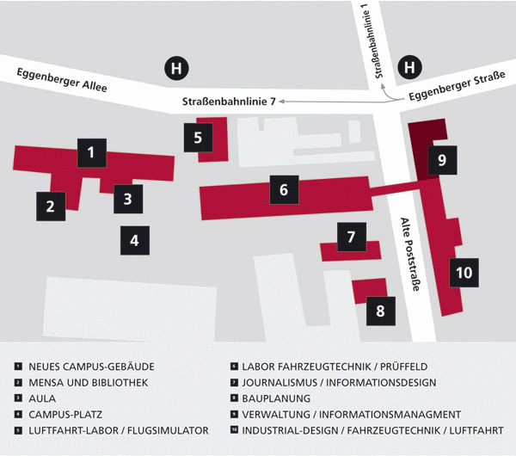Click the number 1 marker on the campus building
pos(91,154)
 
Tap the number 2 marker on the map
pos(51,205)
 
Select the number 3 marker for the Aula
pos(127,199)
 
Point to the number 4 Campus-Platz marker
pos(134,240)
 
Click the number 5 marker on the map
pos(198,136)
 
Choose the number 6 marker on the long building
pos(284,189)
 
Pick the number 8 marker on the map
pos(380,311)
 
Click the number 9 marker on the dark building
pos(441,159)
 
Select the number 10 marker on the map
pos(464,273)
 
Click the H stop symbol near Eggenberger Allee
pos(177,67)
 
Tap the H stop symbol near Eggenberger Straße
pos(409,67)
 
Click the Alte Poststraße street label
pos(409,253)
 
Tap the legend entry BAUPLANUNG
pos(276,398)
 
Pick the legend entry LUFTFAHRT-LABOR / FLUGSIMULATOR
pos(118,430)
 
